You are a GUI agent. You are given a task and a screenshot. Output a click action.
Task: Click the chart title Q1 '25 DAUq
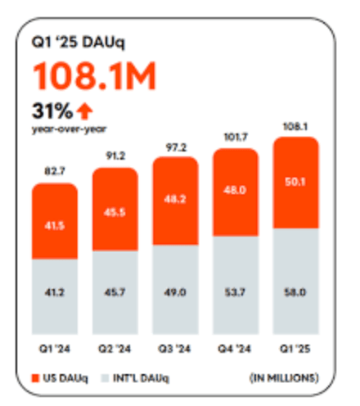click(79, 43)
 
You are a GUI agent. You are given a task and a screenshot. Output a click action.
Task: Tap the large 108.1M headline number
click(94, 76)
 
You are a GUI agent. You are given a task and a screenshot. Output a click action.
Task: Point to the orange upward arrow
click(84, 111)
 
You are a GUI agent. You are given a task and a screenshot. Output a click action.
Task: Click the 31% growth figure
click(52, 111)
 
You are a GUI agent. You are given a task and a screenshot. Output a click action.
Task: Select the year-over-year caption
click(69, 129)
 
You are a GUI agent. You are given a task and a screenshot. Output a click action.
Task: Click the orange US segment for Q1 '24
click(55, 221)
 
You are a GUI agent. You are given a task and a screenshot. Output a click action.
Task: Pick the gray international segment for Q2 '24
click(115, 292)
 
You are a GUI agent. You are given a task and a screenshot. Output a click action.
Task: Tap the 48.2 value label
click(175, 200)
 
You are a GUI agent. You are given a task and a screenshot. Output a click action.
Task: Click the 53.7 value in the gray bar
click(235, 292)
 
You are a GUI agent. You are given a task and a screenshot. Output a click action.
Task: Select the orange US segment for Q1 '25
click(295, 183)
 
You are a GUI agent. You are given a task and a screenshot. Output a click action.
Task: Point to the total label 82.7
click(55, 171)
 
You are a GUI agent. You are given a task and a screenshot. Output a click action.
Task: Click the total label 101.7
click(236, 137)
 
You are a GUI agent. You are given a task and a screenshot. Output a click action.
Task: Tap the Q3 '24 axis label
click(174, 349)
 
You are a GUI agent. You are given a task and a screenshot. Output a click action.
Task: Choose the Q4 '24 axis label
click(234, 349)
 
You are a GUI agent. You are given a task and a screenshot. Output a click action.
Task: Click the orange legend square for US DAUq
click(36, 378)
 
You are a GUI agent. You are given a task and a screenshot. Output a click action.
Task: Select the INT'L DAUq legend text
click(141, 378)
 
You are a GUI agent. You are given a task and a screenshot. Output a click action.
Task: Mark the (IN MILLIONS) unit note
click(284, 378)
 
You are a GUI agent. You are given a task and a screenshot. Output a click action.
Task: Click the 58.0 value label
click(295, 292)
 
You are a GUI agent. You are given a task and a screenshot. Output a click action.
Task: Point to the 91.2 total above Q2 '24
click(115, 156)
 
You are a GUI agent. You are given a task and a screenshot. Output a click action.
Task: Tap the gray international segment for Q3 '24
click(175, 290)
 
